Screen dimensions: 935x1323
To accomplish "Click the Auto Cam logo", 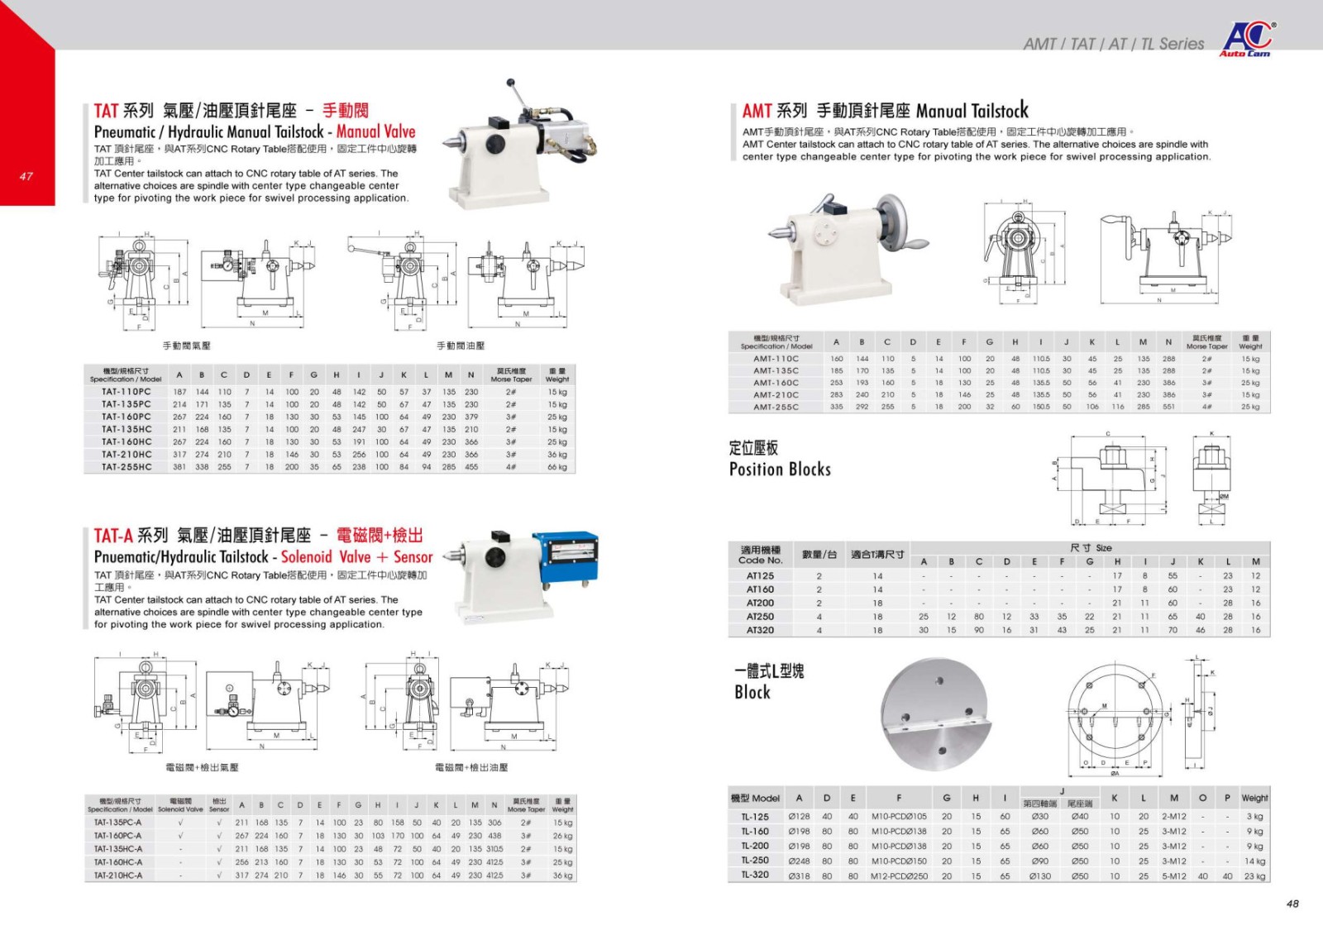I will pyautogui.click(x=1248, y=38).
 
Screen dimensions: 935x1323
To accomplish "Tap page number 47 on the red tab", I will pyautogui.click(x=26, y=176).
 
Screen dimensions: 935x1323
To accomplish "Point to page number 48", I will pyautogui.click(x=1292, y=904).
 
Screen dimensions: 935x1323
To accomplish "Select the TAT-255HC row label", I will pyautogui.click(x=127, y=467).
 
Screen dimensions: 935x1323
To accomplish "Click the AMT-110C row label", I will pyautogui.click(x=776, y=359).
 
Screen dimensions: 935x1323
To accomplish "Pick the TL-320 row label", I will pyautogui.click(x=755, y=875).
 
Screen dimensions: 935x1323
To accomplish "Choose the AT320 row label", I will pyautogui.click(x=760, y=630).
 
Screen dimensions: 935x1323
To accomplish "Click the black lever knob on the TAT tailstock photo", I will pyautogui.click(x=511, y=83).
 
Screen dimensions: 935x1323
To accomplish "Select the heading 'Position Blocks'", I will pyautogui.click(x=780, y=470).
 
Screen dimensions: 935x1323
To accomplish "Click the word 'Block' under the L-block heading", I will pyautogui.click(x=752, y=693).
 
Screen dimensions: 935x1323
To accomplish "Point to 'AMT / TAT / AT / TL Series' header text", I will pyautogui.click(x=1113, y=44).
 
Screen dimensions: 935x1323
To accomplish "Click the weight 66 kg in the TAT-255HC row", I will pyautogui.click(x=557, y=467).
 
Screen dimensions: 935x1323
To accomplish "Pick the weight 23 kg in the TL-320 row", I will pyautogui.click(x=1254, y=875).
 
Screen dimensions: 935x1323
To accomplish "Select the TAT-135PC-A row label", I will pyautogui.click(x=117, y=823).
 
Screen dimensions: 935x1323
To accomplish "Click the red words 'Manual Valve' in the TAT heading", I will pyautogui.click(x=375, y=131).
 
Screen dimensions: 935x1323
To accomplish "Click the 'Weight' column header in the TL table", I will pyautogui.click(x=1254, y=798).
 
